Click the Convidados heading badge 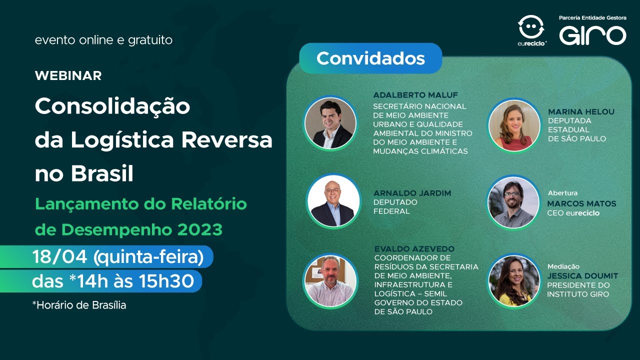(370, 58)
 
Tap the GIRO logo (592, 35)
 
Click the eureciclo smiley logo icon (531, 27)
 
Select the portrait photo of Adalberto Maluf (330, 123)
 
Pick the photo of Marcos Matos (513, 202)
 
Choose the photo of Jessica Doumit (514, 281)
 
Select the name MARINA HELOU (581, 111)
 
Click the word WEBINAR (68, 75)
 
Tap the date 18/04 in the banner (60, 257)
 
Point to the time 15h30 (170, 281)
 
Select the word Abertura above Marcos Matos (562, 193)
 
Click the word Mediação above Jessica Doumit (563, 266)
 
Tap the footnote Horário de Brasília (80, 305)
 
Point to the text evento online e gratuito (103, 40)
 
